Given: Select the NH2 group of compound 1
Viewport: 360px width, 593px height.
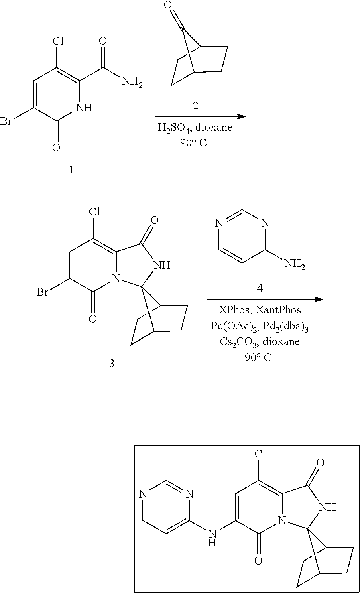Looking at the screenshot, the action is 132,82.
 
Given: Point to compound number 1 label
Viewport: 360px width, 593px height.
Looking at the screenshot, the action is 71,170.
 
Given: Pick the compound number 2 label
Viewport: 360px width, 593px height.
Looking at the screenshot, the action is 195,106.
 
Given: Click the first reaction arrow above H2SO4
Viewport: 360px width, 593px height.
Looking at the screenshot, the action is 200,116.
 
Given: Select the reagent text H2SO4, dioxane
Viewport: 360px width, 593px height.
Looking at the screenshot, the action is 195,128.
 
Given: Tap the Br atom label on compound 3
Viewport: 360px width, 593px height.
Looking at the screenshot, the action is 42,292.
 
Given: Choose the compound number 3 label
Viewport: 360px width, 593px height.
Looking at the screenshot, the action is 112,364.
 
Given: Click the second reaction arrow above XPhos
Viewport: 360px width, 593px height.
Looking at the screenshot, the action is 265,299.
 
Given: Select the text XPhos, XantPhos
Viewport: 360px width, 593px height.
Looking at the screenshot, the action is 259,310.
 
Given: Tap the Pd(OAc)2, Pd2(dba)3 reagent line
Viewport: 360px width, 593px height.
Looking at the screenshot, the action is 260,326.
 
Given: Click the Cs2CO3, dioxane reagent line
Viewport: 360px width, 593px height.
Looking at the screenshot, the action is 260,342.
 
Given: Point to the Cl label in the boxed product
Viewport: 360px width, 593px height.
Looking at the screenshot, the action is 260,454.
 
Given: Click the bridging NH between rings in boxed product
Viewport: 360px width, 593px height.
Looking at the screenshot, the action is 213,538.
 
